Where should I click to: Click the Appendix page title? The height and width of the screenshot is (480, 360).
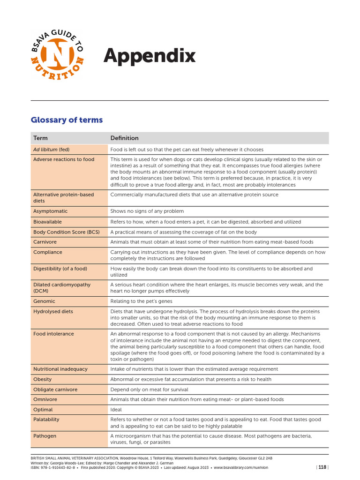point(149,56)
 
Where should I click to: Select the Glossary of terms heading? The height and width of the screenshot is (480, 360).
point(67,120)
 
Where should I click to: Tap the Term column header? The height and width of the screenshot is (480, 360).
point(40,138)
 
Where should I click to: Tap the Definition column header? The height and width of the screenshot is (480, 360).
point(124,138)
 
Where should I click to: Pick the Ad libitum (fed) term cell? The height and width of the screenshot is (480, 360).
point(51,150)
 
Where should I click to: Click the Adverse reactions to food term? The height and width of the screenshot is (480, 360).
point(64,159)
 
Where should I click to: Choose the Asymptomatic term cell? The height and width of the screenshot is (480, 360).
point(50,211)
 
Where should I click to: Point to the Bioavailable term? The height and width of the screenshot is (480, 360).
point(47,222)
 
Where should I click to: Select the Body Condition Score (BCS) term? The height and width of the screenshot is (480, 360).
point(67,232)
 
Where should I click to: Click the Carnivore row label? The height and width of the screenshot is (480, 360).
point(45,242)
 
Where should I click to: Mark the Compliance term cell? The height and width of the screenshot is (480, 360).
point(47,252)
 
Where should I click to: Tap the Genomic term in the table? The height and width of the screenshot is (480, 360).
point(44,301)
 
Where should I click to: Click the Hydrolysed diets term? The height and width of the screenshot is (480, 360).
point(53,311)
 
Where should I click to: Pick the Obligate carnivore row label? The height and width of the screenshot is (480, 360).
point(55,390)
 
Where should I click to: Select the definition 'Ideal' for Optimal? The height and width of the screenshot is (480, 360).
point(116,410)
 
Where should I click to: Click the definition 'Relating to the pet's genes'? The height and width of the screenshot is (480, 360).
point(141,301)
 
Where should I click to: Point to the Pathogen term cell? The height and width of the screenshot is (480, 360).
point(45,436)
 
